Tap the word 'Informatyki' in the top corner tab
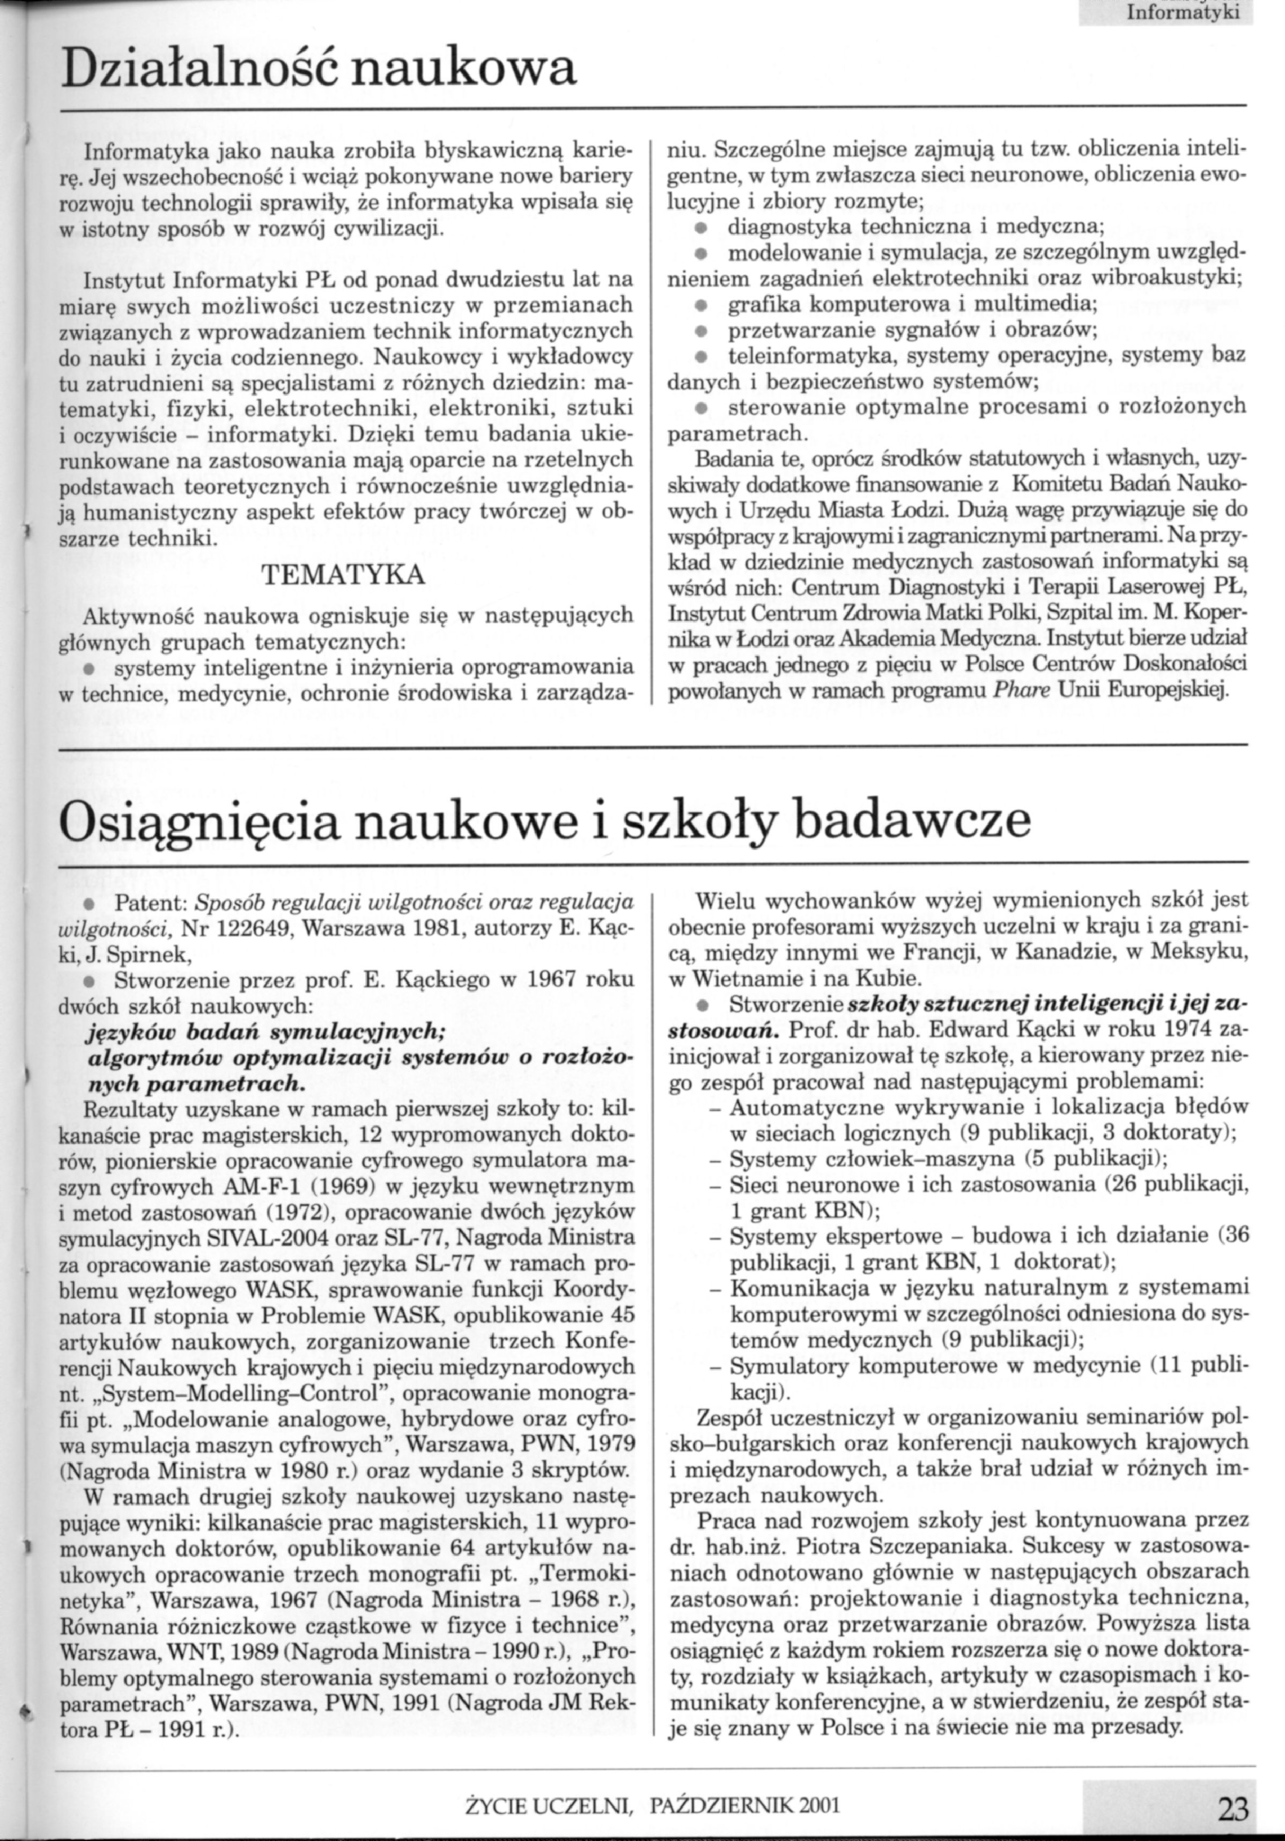[1183, 11]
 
